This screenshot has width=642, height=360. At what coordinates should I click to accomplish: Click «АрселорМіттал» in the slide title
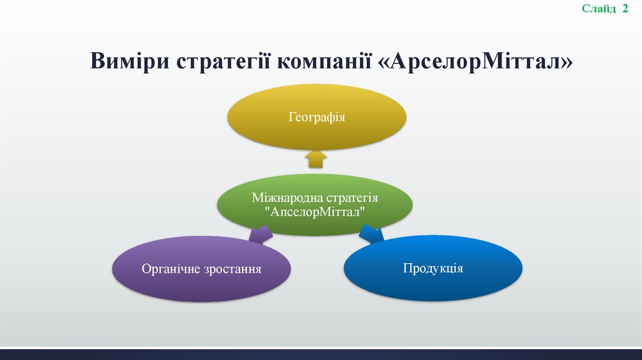[x=476, y=62]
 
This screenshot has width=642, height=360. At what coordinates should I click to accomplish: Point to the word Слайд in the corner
[x=599, y=8]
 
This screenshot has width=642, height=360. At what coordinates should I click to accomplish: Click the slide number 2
[x=625, y=8]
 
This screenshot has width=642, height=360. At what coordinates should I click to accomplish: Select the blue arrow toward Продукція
[x=372, y=234]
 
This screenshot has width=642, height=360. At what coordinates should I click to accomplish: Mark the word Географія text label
[x=317, y=117]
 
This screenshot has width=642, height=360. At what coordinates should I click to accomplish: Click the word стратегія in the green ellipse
[x=350, y=198]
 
